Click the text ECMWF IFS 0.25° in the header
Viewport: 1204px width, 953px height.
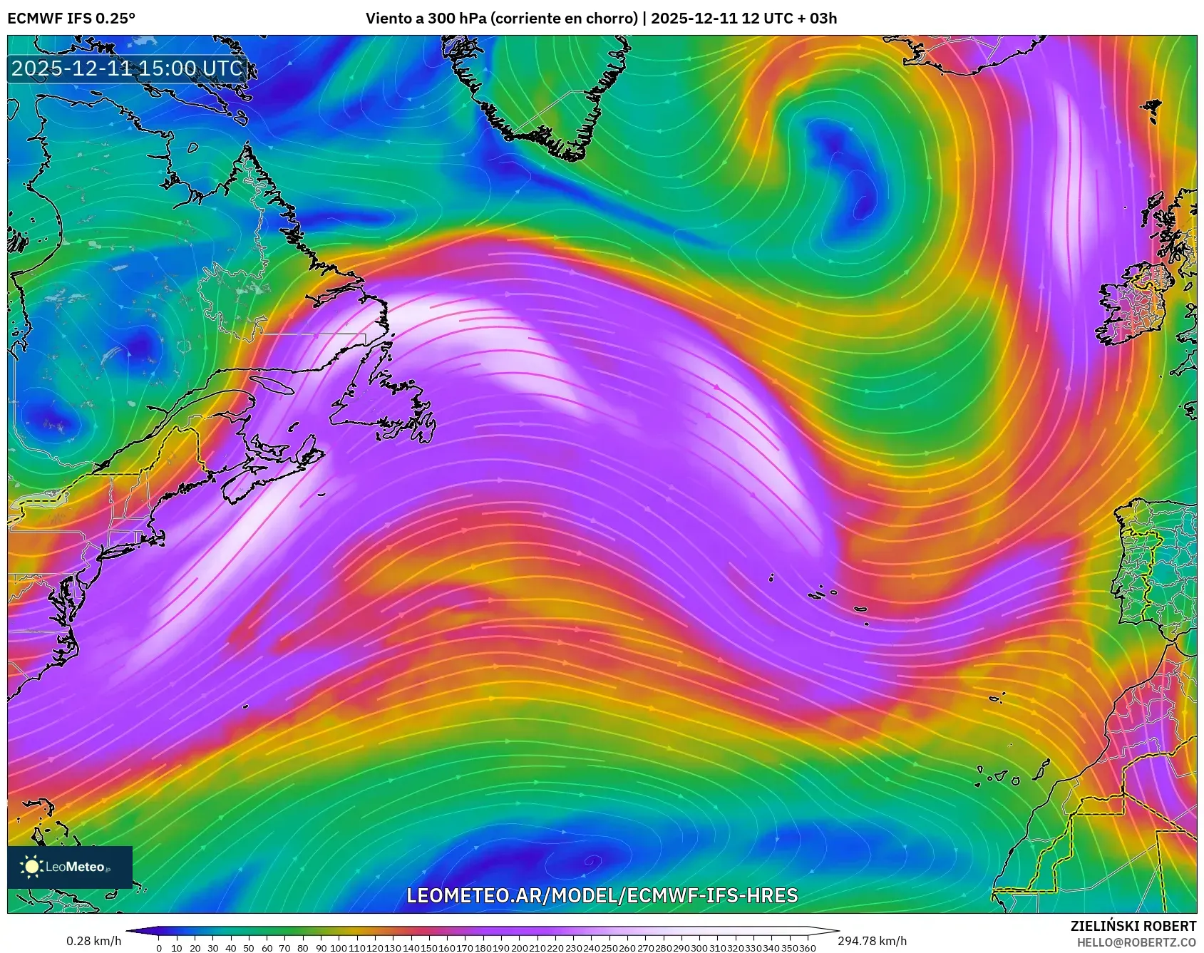[x=71, y=18]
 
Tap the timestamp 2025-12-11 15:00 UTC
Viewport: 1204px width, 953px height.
[x=128, y=68]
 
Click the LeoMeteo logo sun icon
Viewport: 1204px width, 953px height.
[x=32, y=867]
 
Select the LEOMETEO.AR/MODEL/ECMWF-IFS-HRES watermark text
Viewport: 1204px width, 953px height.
[x=602, y=896]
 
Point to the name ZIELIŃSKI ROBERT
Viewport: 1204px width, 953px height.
[x=1133, y=926]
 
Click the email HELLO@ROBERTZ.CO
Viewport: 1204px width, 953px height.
[x=1136, y=942]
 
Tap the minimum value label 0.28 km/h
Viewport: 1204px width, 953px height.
[x=93, y=941]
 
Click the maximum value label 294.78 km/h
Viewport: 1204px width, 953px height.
[x=872, y=941]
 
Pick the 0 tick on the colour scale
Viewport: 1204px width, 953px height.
[x=158, y=948]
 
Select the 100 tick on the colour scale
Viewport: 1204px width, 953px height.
[x=339, y=948]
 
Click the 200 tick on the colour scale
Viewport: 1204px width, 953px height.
[x=519, y=948]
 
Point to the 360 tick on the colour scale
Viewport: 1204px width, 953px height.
[x=807, y=948]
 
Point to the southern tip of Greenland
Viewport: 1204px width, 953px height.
[x=570, y=153]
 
